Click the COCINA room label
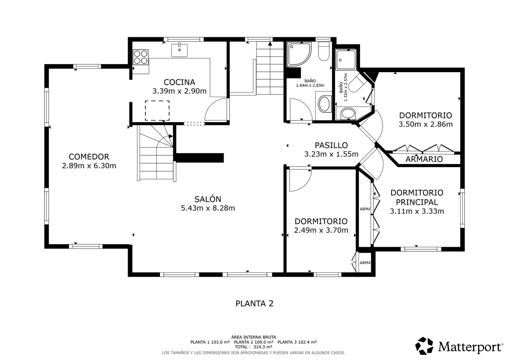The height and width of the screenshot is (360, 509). [179, 82]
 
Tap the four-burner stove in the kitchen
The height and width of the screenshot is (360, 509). [140, 57]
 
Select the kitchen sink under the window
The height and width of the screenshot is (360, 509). [179, 50]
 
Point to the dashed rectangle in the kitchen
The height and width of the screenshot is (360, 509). [157, 111]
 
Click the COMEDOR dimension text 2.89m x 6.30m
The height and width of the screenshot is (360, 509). [89, 166]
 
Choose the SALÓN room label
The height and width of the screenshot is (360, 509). [208, 199]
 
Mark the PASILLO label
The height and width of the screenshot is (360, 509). [331, 145]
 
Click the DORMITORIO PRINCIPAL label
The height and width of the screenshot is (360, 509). [417, 197]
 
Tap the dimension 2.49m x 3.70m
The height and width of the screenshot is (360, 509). [321, 230]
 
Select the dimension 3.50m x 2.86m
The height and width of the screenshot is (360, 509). [425, 124]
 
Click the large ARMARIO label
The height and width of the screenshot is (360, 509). [424, 159]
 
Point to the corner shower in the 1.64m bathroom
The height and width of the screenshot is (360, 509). [299, 54]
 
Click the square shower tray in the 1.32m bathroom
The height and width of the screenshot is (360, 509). [346, 60]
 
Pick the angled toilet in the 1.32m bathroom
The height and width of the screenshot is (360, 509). [356, 84]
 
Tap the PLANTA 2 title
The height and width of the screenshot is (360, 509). [254, 304]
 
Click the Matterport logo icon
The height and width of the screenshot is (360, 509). [424, 346]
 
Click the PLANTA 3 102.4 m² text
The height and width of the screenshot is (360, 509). [297, 342]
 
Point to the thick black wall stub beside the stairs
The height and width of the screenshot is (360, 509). [200, 158]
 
